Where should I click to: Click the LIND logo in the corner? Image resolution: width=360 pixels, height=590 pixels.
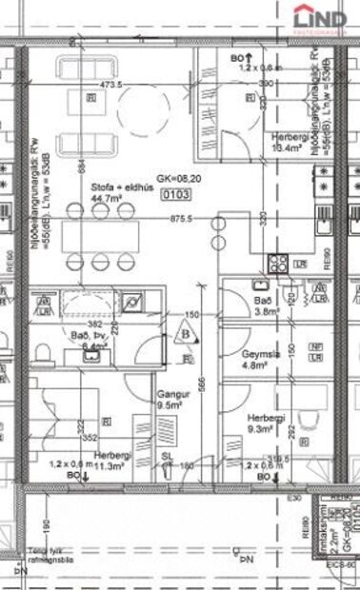[320, 18]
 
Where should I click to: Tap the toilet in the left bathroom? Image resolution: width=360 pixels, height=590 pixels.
[41, 355]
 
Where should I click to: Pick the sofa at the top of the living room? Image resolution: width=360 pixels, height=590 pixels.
[86, 69]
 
